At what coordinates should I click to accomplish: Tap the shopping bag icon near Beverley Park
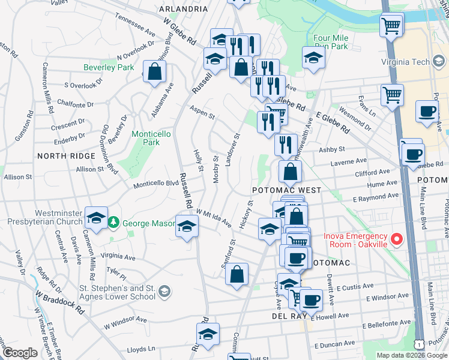pyautogui.click(x=155, y=71)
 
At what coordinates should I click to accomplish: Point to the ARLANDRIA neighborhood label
pyautogui.click(x=183, y=9)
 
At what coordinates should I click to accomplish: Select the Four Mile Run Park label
pyautogui.click(x=331, y=41)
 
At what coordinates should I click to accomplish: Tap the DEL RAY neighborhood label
pyautogui.click(x=286, y=316)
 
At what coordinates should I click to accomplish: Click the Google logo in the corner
pyautogui.click(x=20, y=353)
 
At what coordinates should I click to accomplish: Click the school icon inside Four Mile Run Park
pyautogui.click(x=313, y=58)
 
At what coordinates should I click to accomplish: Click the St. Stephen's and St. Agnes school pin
pyautogui.click(x=164, y=292)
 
